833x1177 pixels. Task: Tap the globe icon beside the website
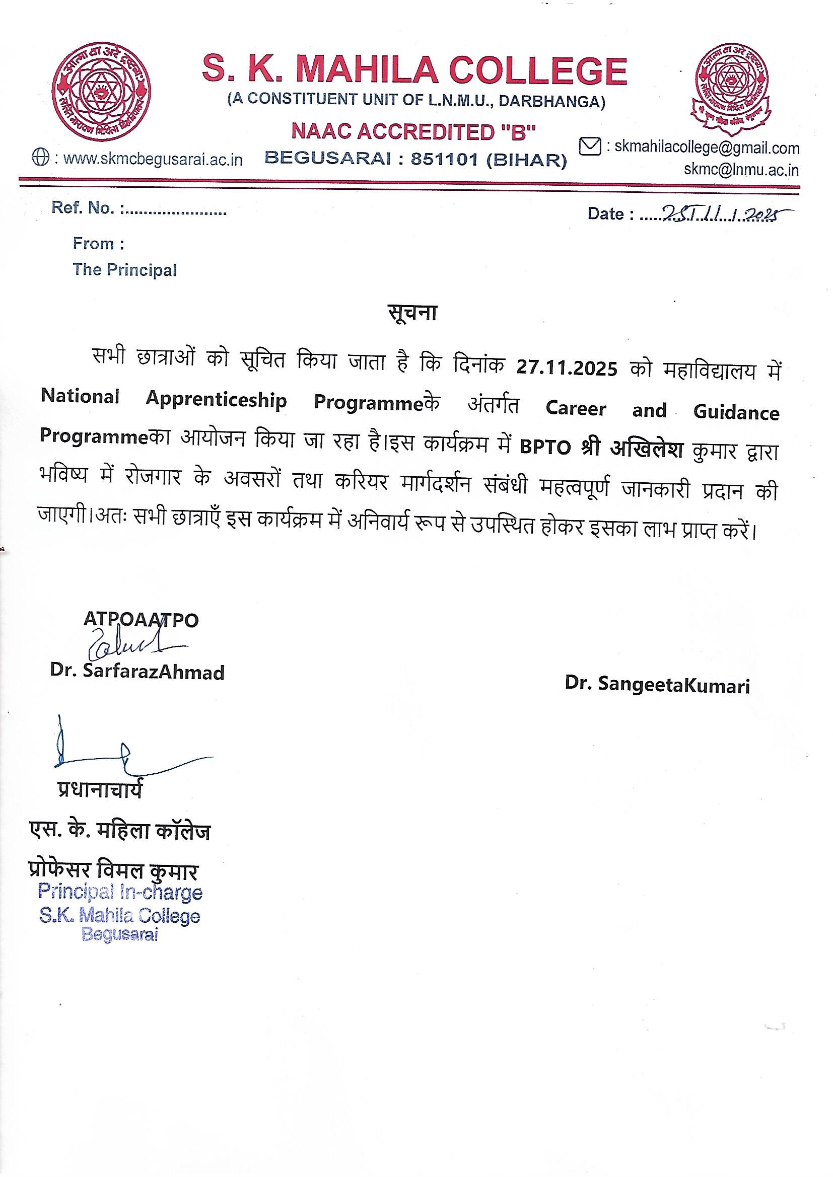pyautogui.click(x=40, y=158)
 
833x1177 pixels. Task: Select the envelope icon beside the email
pyautogui.click(x=589, y=146)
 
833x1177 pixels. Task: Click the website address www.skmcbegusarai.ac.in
pyautogui.click(x=153, y=160)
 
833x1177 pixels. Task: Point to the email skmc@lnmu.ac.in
pyautogui.click(x=741, y=170)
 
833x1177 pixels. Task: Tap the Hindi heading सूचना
pyautogui.click(x=411, y=313)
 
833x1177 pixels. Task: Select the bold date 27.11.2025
pyautogui.click(x=567, y=369)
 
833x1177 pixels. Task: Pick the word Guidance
pyautogui.click(x=736, y=412)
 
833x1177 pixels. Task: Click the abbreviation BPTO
pyautogui.click(x=545, y=448)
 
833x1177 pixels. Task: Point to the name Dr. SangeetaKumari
pyautogui.click(x=657, y=684)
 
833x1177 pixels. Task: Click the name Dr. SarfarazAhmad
pyautogui.click(x=137, y=672)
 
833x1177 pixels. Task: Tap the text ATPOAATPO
pyautogui.click(x=141, y=620)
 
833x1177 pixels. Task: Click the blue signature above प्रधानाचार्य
pyautogui.click(x=113, y=752)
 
